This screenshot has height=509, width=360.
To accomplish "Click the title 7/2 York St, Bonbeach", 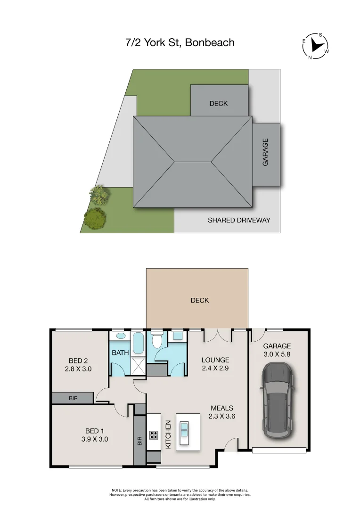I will coord(180,43).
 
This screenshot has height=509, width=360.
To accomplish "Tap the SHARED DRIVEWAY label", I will coord(239,220).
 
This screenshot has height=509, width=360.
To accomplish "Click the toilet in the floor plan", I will coord(157,340).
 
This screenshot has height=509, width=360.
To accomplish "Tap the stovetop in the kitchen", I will coord(154,434).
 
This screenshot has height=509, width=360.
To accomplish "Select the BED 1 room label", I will coord(92,431).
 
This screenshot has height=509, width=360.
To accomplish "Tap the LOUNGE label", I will coord(215,360).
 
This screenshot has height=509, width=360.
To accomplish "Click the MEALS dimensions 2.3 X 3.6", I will coord(221,416).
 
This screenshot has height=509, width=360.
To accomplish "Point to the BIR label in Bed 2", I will coord(73,398).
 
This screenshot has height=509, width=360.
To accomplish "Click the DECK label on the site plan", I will coord(219,103).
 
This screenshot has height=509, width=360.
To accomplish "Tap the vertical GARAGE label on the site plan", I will coord(265,152).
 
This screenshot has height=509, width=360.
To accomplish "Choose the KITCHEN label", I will coord(168,434).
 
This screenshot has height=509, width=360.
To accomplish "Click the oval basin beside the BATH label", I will coord(120,336).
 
